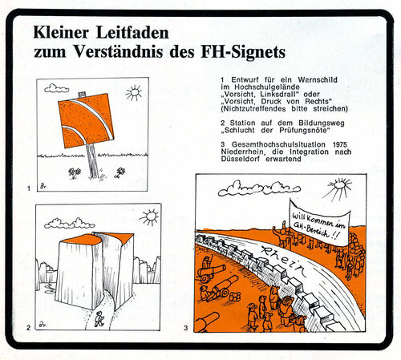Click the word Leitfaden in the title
(132, 33)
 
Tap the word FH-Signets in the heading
(243, 51)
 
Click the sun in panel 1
(134, 92)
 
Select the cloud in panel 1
(56, 88)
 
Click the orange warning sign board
(86, 120)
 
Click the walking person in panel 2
(99, 318)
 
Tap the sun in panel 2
(150, 217)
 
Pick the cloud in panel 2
(69, 224)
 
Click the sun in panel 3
(339, 187)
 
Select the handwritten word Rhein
(284, 261)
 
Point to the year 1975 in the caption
(340, 144)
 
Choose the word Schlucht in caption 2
(240, 130)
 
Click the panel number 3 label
(186, 328)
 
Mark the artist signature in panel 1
(43, 186)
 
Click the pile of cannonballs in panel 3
(234, 297)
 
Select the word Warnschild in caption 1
(318, 79)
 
